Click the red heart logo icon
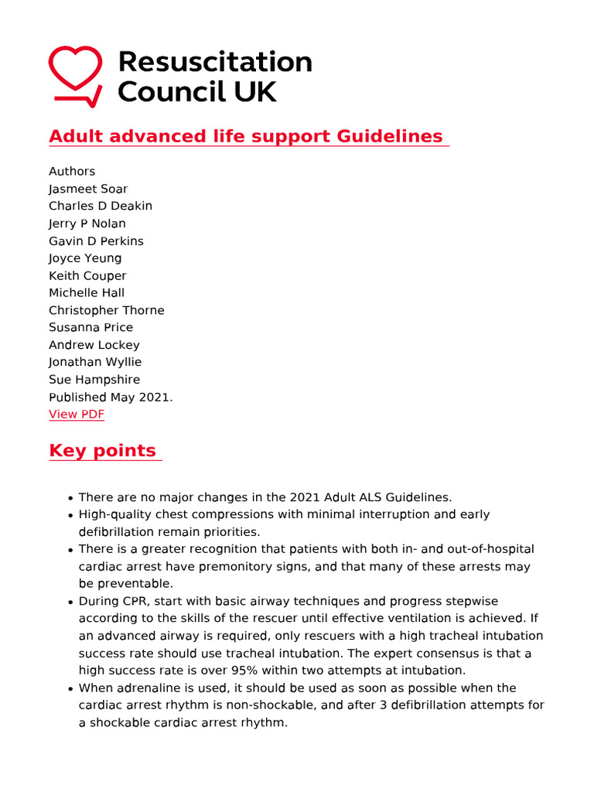point(75,75)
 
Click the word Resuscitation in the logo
point(214,62)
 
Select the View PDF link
point(76,415)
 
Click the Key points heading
point(102,451)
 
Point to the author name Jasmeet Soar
point(88,189)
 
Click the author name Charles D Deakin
point(101,207)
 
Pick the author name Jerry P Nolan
point(87,224)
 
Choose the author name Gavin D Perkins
point(96,241)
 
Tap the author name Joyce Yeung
point(85,258)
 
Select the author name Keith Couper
point(87,276)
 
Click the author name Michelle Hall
point(87,293)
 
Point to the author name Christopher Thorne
point(107,310)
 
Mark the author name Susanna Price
point(90,328)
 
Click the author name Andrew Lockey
point(94,345)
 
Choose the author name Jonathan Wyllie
point(95,362)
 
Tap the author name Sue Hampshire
point(94,380)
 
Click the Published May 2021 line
point(111,398)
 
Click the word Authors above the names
point(72,172)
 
